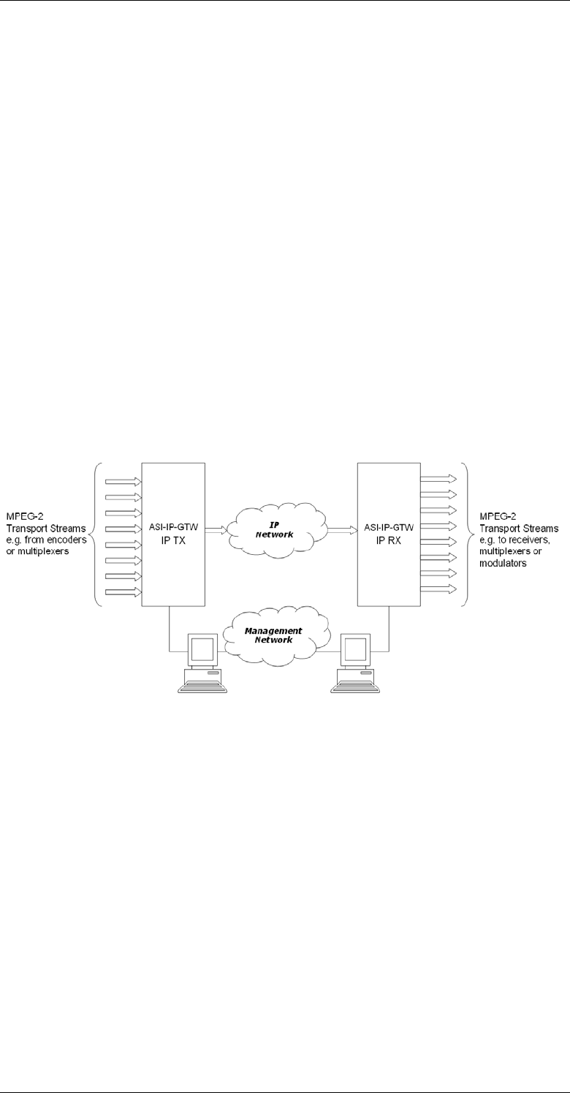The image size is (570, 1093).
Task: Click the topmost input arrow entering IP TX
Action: (x=124, y=481)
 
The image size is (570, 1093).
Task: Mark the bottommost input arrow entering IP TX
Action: (x=124, y=591)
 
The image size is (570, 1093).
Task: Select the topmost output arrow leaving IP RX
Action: (x=438, y=478)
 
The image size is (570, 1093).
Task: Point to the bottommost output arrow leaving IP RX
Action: (x=438, y=589)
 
